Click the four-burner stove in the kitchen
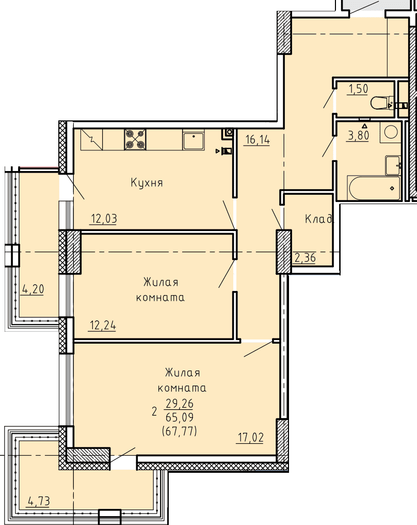135,140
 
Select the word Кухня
147,183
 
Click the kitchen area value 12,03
104,219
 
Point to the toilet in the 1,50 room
382,103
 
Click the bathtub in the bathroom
374,188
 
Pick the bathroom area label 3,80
359,135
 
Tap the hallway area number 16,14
257,140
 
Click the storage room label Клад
319,219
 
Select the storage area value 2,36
304,258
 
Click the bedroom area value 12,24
103,326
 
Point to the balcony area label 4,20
33,289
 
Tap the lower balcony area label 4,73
39,501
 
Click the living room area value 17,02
250,438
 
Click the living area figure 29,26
180,404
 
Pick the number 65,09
180,418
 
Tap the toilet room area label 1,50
358,89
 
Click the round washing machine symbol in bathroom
391,132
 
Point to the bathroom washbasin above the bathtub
393,165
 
